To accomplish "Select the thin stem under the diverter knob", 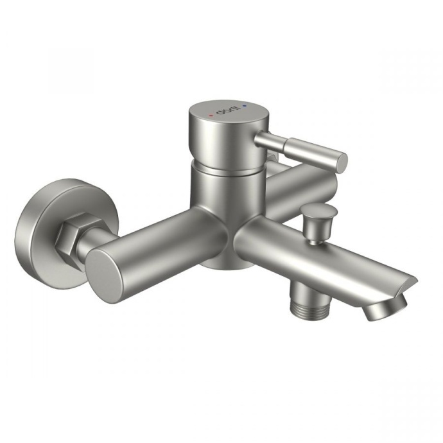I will point(314,238).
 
